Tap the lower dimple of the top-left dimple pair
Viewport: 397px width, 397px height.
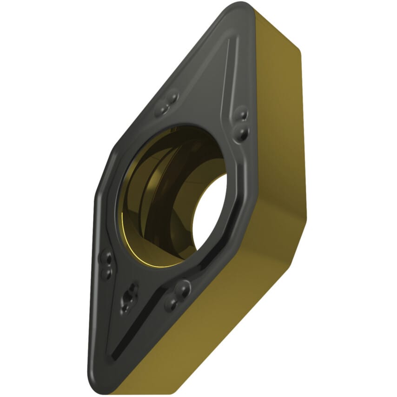pyautogui.click(x=163, y=110)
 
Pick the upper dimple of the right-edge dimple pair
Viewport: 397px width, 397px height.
pyautogui.click(x=242, y=113)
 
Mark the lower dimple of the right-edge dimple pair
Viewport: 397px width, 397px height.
pyautogui.click(x=242, y=134)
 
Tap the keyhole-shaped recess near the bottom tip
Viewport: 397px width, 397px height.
pyautogui.click(x=129, y=297)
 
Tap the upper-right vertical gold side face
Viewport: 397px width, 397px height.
pyautogui.click(x=279, y=116)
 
